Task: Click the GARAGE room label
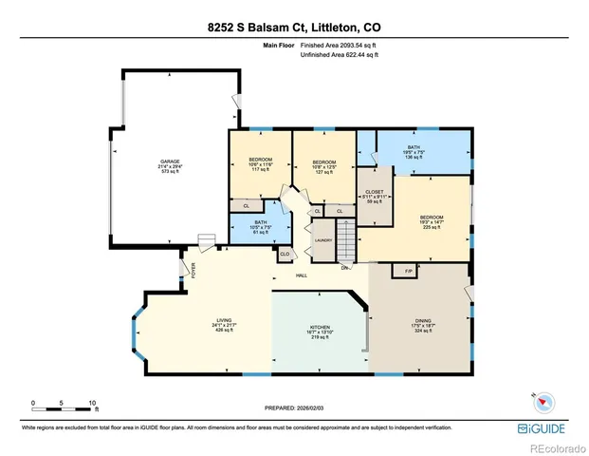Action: point(170,161)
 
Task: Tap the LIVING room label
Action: point(224,320)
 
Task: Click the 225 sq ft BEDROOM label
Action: point(432,218)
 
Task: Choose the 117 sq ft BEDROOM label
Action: point(260,159)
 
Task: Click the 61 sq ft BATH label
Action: point(260,226)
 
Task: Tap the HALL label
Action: point(302,275)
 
